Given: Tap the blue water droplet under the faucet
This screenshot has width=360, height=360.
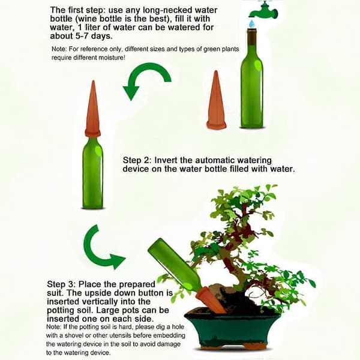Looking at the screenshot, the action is pos(253,23).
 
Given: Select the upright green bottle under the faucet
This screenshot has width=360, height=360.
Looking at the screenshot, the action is pos(252,78).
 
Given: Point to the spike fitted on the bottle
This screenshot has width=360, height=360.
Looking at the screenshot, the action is pos(93,109).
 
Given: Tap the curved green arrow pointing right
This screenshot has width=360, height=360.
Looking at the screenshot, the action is pos(101,247).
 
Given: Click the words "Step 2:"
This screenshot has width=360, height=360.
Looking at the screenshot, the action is pos(137,160).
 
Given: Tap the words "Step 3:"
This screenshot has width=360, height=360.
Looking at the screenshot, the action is pos(61,284).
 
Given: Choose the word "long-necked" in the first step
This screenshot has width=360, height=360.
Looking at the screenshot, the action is pos(169,10).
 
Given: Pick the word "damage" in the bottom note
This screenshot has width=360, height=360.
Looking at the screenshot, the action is pos(169,344).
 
